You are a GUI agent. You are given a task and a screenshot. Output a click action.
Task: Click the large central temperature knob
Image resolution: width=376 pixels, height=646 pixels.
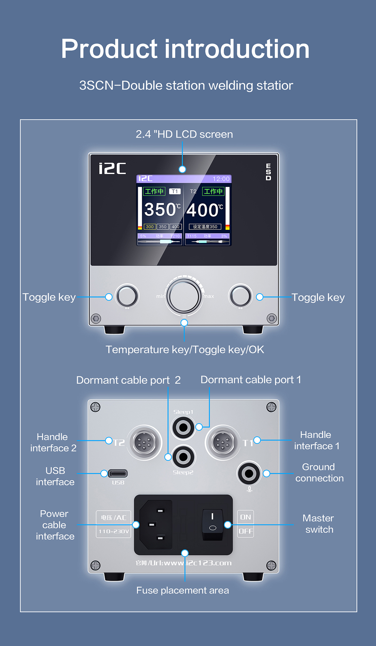click(184, 296)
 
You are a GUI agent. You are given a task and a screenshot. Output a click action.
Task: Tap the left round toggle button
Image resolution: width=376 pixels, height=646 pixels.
click(127, 296)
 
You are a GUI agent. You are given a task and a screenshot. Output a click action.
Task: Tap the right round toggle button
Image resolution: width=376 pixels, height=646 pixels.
click(240, 296)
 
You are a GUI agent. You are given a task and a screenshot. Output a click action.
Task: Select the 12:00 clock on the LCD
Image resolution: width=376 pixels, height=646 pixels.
click(221, 179)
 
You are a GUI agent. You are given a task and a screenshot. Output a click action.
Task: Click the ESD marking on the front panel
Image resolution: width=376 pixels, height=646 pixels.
click(268, 172)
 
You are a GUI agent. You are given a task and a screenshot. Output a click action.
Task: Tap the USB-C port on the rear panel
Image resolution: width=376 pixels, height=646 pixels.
click(118, 473)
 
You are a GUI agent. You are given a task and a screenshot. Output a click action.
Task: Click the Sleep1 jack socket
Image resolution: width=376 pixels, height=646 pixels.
click(183, 427)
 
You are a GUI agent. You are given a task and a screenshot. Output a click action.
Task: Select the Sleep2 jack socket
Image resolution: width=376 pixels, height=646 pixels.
click(183, 457)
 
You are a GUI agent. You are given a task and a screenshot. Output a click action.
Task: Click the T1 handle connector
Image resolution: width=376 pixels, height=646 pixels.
click(223, 443)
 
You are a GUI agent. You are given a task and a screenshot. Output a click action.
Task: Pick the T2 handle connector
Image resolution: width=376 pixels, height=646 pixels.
click(144, 443)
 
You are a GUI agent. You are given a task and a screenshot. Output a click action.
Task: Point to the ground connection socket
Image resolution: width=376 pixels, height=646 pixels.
click(249, 473)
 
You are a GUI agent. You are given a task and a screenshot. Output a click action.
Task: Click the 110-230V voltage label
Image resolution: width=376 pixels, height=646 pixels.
click(113, 531)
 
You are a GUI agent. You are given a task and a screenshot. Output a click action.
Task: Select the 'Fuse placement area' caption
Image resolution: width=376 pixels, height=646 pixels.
click(183, 591)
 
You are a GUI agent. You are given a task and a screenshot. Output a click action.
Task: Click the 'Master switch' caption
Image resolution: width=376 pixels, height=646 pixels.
click(318, 524)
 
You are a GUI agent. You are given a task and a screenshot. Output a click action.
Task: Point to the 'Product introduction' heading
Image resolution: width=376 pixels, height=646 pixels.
click(185, 49)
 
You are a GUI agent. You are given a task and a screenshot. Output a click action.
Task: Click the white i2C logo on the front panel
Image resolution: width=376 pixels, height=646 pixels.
click(112, 168)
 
